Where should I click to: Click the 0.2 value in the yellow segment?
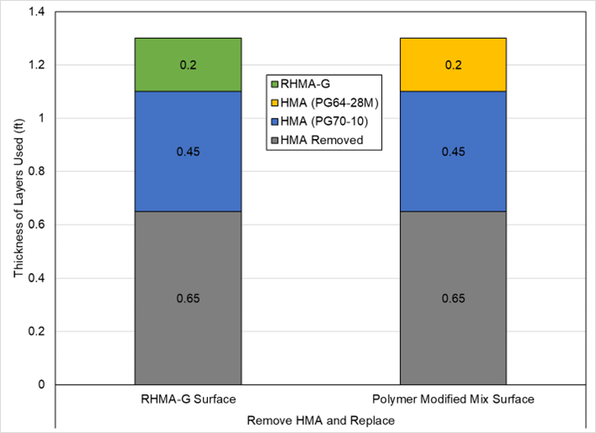[453, 65]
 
